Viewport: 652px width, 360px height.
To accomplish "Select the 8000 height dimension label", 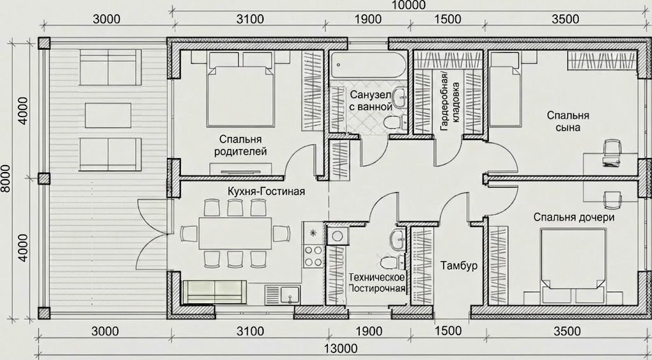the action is click(x=6, y=178).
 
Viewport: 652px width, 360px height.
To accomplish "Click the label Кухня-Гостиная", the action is click(x=266, y=191).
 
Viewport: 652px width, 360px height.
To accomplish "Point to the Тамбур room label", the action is click(x=459, y=266).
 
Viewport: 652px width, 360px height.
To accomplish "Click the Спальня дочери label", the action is click(x=574, y=217).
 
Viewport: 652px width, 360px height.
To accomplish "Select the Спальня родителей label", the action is click(x=240, y=145).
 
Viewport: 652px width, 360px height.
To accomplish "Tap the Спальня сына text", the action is click(x=568, y=121).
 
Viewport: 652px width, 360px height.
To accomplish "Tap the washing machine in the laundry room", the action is click(x=336, y=236).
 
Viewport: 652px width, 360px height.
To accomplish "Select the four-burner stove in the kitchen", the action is click(x=313, y=256).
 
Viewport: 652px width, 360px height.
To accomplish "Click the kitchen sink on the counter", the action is click(x=283, y=294).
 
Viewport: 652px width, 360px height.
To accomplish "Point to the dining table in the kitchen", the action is click(x=236, y=233).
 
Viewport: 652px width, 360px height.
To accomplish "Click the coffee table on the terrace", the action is click(x=108, y=115).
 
